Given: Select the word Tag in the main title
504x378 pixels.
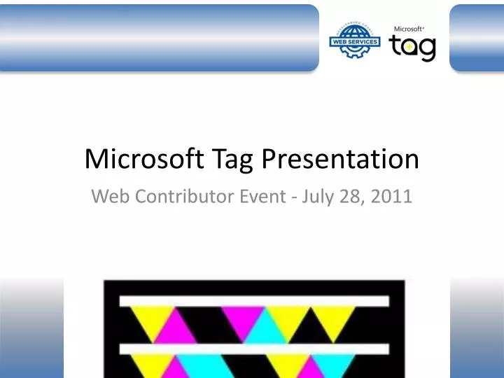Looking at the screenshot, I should click(x=234, y=161).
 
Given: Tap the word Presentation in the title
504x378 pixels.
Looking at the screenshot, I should click(x=341, y=160).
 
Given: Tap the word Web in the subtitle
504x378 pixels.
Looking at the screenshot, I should click(x=108, y=197).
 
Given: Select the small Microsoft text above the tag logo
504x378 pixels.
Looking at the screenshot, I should click(x=409, y=29).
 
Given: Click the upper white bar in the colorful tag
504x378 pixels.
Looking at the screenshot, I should click(x=254, y=300).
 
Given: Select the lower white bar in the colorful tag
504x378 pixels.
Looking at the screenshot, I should click(x=254, y=348).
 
